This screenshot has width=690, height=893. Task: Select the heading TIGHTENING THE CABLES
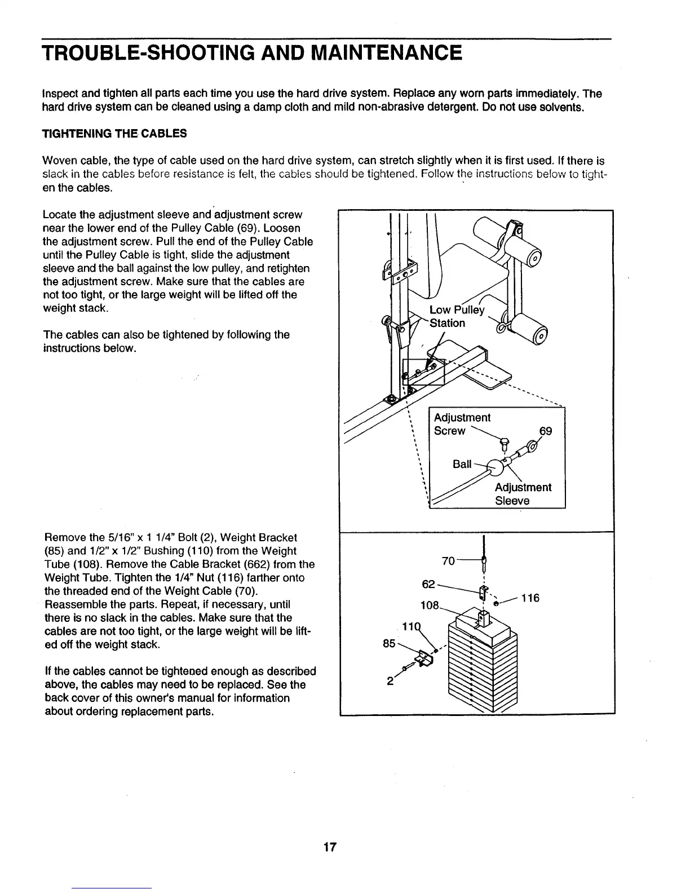[x=114, y=134]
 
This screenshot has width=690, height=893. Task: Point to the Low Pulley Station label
[x=456, y=316]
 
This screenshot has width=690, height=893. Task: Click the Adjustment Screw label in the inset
[x=462, y=424]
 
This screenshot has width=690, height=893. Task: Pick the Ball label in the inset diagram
[x=462, y=464]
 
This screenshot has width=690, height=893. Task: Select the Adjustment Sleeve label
[x=523, y=494]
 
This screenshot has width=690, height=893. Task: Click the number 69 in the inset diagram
[x=545, y=431]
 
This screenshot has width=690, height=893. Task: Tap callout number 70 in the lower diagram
[x=448, y=561]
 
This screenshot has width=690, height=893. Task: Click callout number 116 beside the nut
[x=530, y=598]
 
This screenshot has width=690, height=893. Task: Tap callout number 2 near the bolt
[x=390, y=680]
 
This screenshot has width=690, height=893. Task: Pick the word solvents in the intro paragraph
[x=564, y=107]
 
